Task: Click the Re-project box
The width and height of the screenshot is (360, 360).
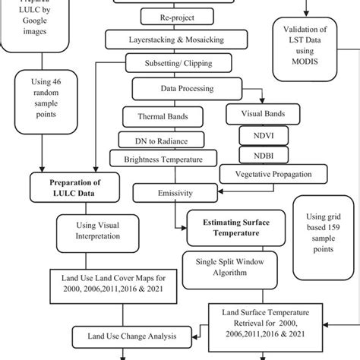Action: (165, 16)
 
